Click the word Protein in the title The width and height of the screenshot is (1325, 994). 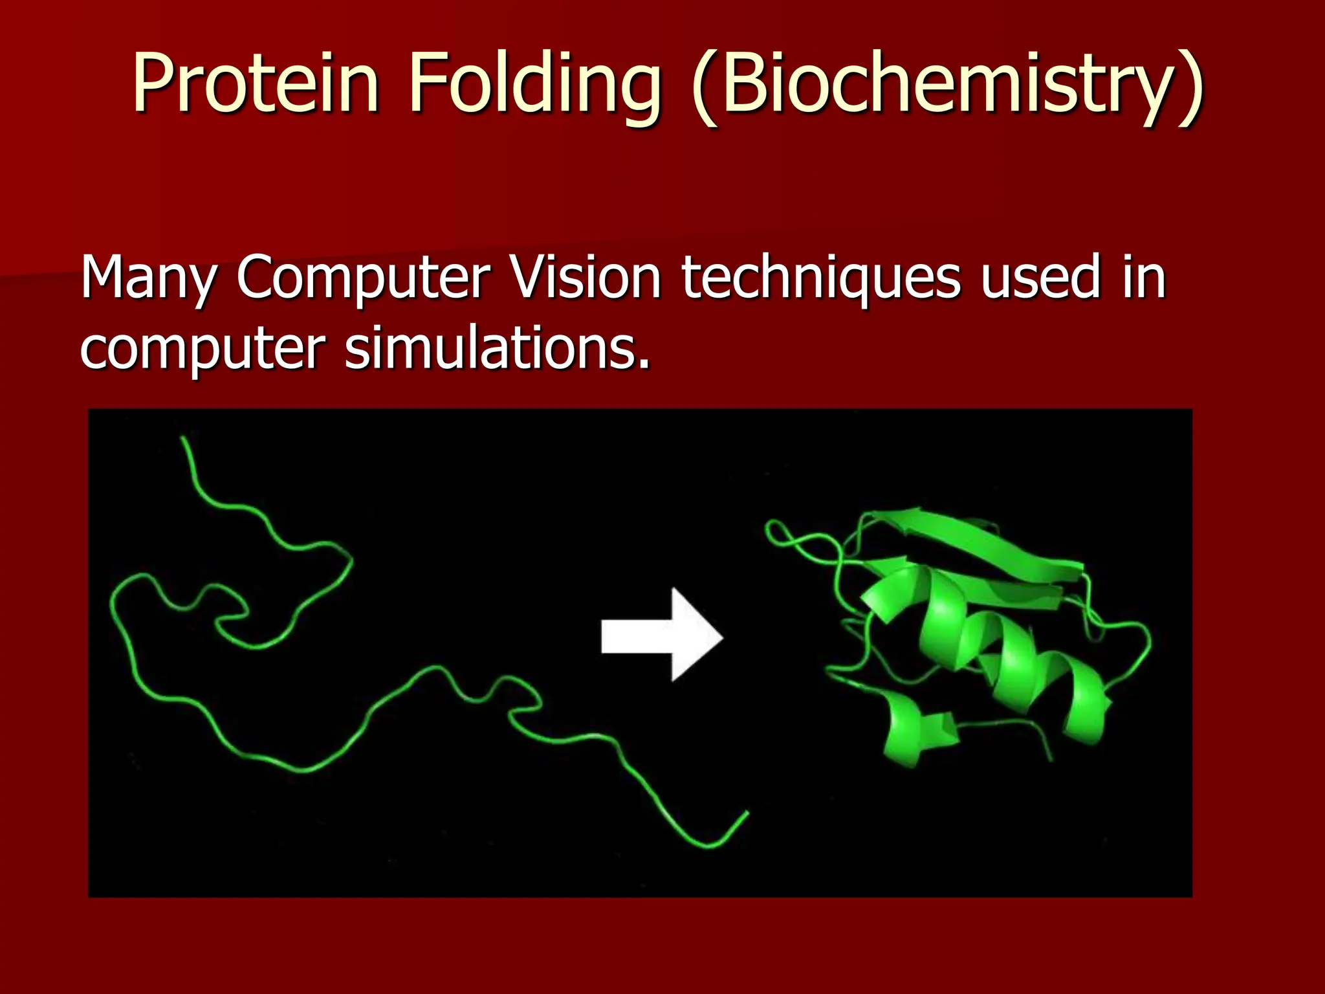(x=255, y=84)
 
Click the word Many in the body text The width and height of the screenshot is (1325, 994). (x=148, y=278)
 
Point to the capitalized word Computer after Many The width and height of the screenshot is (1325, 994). (x=363, y=278)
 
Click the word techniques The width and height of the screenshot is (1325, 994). (x=820, y=278)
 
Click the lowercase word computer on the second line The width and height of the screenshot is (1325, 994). (x=203, y=349)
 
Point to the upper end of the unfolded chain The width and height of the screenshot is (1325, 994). (x=184, y=440)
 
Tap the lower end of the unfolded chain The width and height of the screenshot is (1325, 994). (x=746, y=813)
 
